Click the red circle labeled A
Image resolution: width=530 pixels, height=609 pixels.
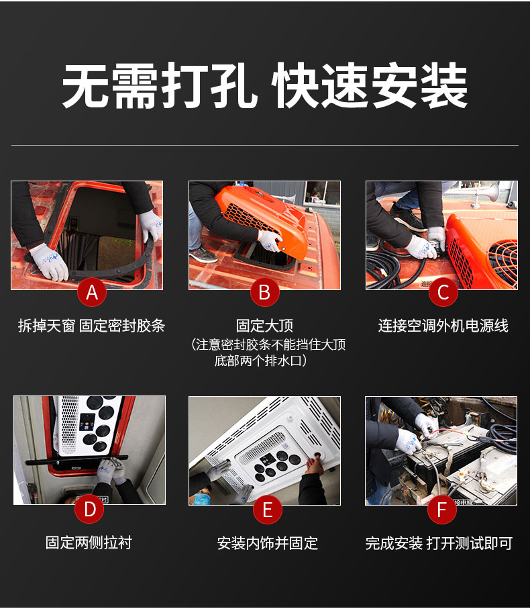92,292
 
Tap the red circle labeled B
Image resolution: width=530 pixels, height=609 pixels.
264,292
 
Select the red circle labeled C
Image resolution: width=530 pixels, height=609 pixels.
443,292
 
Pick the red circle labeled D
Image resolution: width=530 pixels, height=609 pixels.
90,509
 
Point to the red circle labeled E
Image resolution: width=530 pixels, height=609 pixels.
267,510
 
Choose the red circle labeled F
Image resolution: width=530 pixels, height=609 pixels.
441,509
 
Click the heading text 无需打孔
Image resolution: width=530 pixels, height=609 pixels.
160,86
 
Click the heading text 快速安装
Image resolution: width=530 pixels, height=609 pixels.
371,86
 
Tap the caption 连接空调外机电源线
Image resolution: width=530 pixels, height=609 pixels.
443,326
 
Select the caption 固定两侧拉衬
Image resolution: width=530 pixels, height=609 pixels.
89,543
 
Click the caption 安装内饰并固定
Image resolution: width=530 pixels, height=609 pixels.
267,543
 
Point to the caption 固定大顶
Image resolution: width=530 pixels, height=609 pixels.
264,326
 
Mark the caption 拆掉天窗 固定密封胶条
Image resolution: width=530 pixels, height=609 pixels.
91,326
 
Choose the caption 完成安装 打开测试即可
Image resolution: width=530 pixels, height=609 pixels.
439,543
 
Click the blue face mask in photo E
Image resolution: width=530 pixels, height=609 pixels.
201,499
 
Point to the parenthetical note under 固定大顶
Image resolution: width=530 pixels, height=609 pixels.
268,353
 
